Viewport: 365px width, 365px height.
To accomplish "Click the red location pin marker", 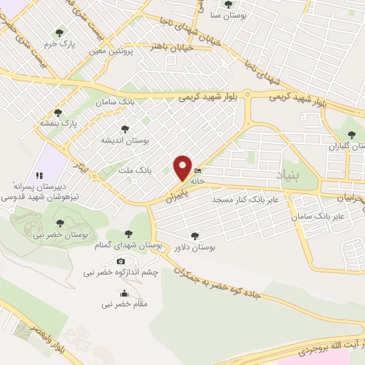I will [x=183, y=168].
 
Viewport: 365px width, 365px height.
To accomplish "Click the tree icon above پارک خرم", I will [x=61, y=32].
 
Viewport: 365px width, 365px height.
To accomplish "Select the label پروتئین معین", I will [x=111, y=51].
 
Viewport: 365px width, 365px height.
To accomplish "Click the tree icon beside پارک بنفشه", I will [x=58, y=112].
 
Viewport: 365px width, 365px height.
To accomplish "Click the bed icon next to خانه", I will [x=197, y=171].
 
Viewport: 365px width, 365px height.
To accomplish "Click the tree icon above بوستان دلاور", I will [x=195, y=235].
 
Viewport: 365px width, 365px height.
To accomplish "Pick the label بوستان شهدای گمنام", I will [x=129, y=245].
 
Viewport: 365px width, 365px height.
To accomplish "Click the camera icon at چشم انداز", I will [x=120, y=261].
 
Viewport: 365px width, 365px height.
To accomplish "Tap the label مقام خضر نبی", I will [x=125, y=304].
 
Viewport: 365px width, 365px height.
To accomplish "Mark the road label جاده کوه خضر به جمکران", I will [x=228, y=282].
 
